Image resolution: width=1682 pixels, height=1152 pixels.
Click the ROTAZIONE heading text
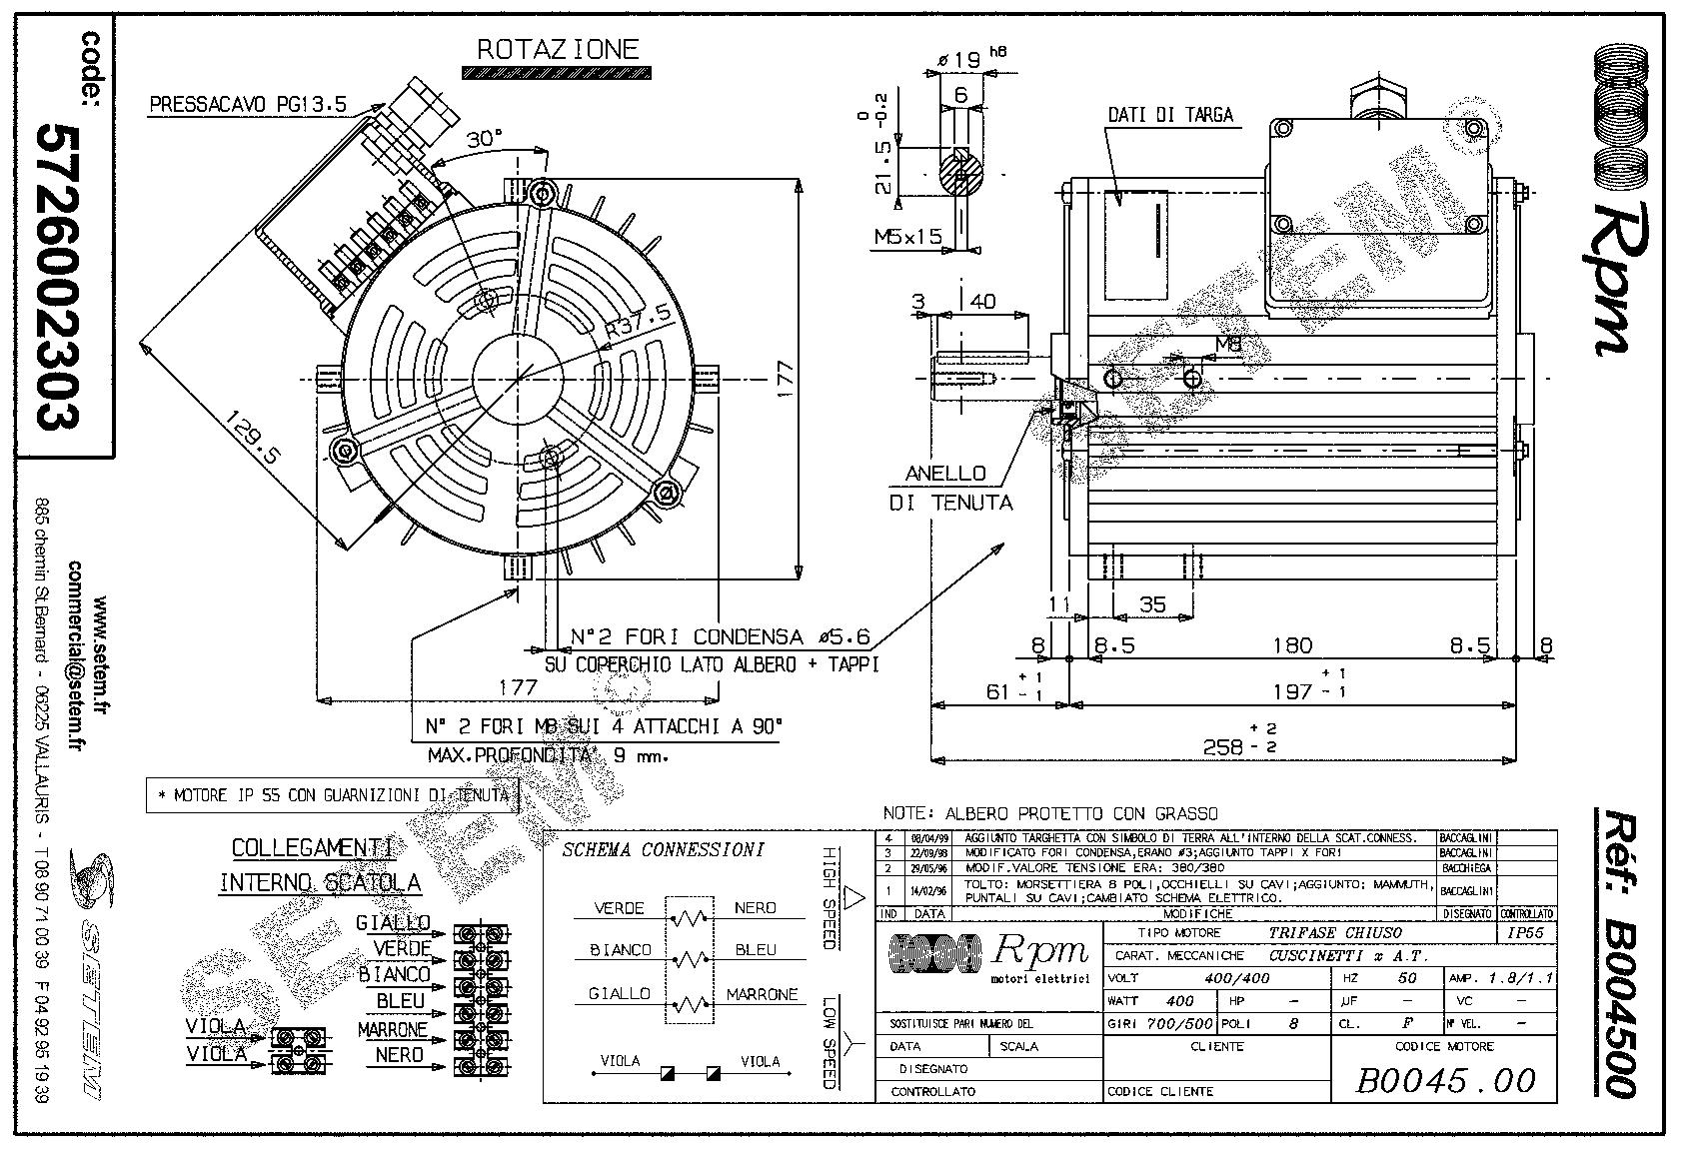click(557, 49)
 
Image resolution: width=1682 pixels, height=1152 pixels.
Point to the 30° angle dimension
click(484, 139)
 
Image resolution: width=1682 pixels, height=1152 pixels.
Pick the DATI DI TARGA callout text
click(1170, 115)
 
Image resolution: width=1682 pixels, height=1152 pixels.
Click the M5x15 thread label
click(907, 237)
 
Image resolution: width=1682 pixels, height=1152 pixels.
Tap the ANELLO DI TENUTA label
click(950, 488)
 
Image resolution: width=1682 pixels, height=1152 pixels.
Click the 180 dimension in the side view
click(1291, 645)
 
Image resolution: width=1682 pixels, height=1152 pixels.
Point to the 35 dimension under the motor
click(1152, 603)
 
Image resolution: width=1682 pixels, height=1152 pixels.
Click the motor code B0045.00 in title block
click(1445, 1079)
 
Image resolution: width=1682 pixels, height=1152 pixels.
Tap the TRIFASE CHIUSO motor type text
click(1335, 932)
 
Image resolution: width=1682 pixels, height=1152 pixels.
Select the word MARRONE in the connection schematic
click(762, 995)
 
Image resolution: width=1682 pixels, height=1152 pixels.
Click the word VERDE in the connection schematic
click(620, 908)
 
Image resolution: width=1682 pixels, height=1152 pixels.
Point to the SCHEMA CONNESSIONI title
click(663, 850)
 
